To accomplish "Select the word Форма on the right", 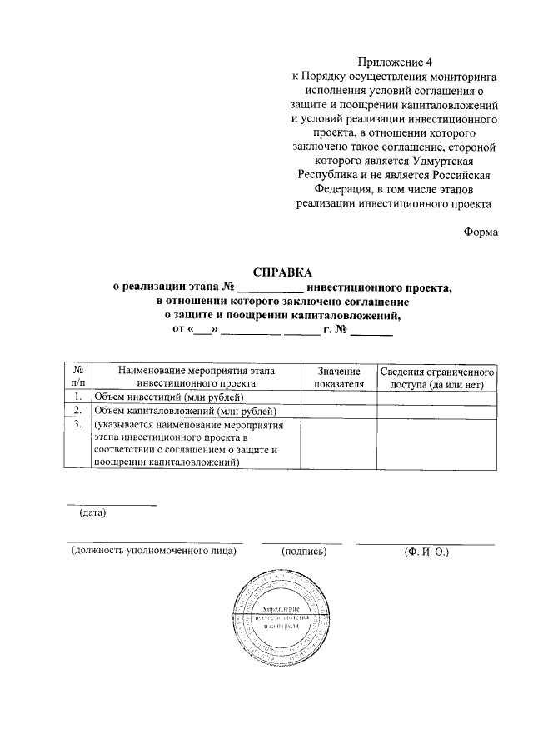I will (481, 232).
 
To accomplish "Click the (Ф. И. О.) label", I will (425, 551).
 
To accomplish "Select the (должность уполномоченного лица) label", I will (154, 551).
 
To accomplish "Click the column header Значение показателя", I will (338, 377).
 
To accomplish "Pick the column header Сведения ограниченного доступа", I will (437, 377).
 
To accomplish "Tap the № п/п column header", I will (77, 377).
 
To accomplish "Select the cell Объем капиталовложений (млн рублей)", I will (184, 411).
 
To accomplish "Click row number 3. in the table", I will (77, 425).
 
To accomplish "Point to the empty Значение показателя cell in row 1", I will (338, 397).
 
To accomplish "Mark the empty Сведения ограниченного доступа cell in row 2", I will (437, 411).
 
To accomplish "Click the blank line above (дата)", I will (111, 502).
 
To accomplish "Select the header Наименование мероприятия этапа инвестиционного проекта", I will (196, 377).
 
